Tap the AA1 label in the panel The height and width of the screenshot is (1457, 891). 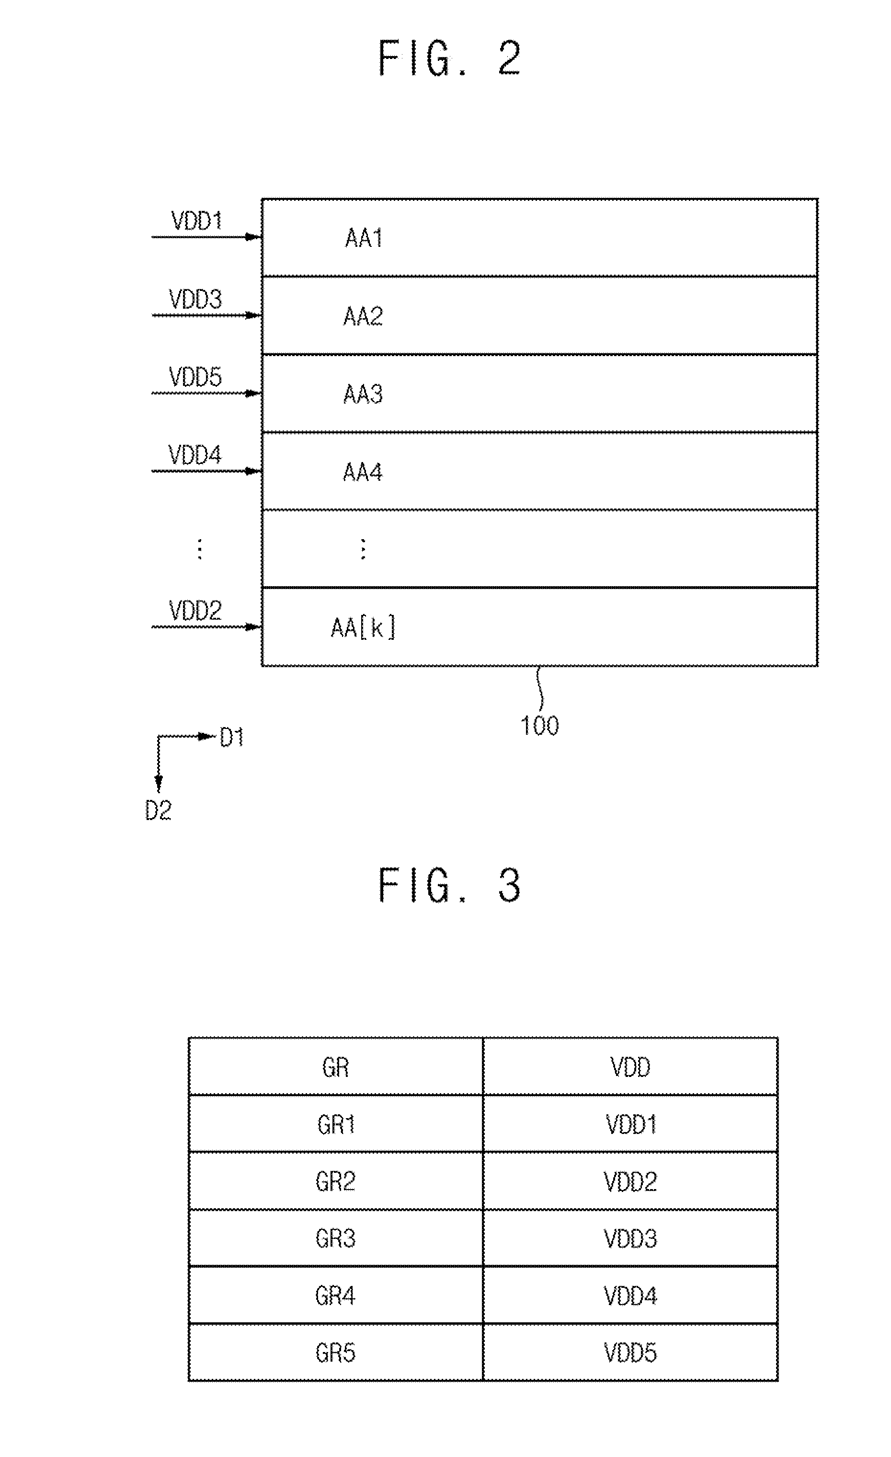[364, 238]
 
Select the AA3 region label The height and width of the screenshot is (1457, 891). [363, 394]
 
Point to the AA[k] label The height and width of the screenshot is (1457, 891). [363, 627]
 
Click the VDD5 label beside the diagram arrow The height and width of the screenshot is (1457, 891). [195, 377]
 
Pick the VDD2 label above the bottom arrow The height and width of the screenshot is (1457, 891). [195, 610]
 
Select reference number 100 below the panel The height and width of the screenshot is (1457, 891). [539, 726]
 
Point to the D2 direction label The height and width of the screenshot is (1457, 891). [159, 810]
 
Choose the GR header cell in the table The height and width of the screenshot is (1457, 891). [336, 1067]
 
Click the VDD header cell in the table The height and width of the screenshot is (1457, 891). [630, 1067]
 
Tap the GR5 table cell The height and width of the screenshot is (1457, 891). [336, 1353]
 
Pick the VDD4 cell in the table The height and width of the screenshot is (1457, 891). [630, 1295]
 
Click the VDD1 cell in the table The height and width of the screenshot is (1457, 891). [630, 1124]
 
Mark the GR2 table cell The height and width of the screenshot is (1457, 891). [336, 1181]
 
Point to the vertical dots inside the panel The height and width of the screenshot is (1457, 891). [363, 549]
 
